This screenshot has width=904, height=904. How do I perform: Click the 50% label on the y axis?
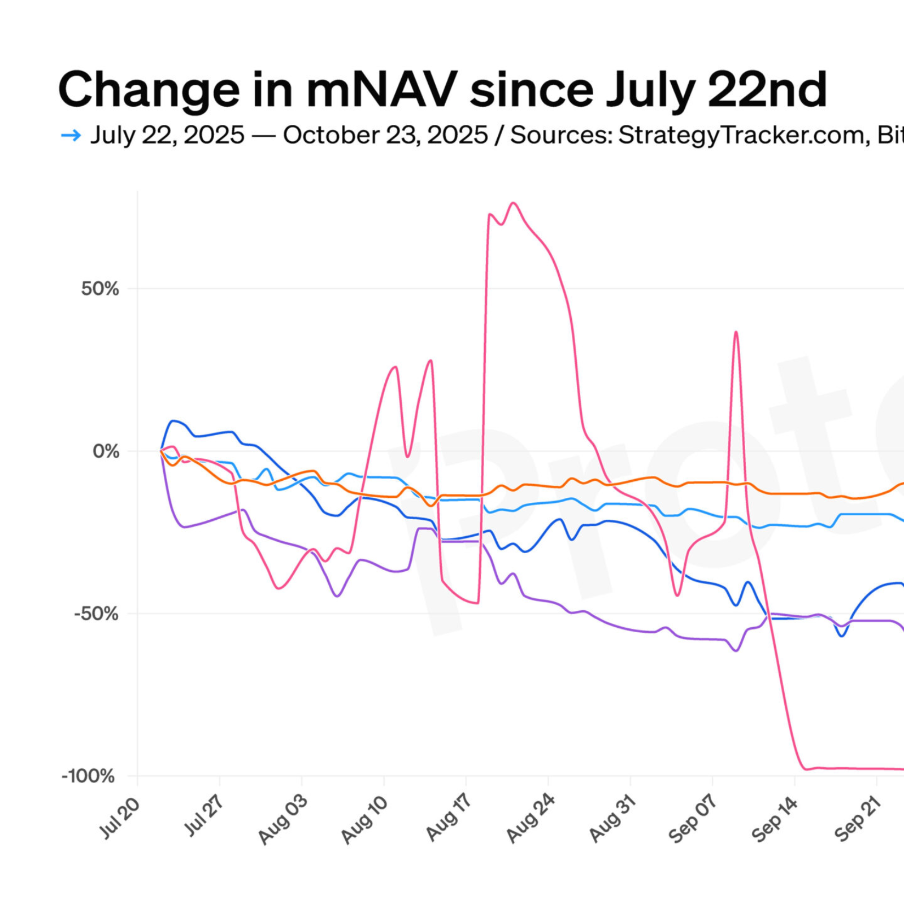tap(100, 289)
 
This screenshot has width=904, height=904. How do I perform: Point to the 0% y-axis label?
tap(106, 451)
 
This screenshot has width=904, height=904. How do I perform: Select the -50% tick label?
tap(96, 614)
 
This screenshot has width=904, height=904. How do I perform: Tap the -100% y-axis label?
tap(88, 776)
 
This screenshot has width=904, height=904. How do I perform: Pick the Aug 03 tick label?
tap(283, 819)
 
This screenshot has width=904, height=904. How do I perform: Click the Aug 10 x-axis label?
tap(365, 819)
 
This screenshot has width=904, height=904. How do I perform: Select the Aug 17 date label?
tap(449, 818)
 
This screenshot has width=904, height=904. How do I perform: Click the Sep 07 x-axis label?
tap(693, 819)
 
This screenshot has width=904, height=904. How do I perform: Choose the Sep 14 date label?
tap(775, 819)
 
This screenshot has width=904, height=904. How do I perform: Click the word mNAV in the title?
tap(382, 90)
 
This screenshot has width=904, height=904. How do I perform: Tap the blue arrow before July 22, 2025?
tap(71, 135)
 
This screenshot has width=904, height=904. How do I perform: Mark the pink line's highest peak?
tap(513, 203)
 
